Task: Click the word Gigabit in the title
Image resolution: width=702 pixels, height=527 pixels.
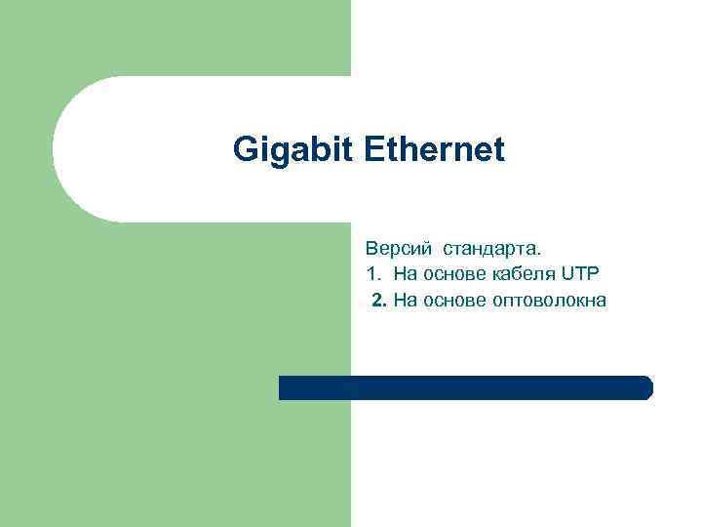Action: coord(295,150)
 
